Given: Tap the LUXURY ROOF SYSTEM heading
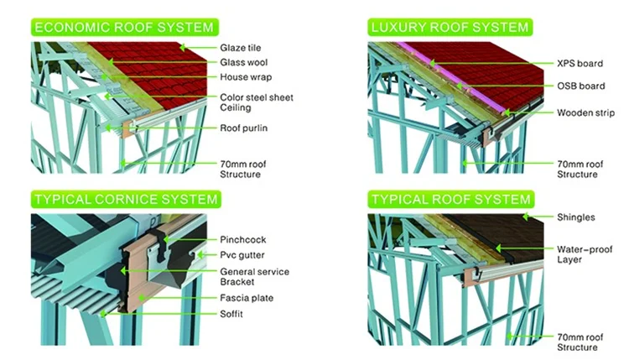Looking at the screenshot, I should pyautogui.click(x=450, y=27).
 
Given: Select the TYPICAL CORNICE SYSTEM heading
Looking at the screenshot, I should pyautogui.click(x=126, y=200).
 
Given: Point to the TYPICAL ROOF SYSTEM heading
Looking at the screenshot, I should pyautogui.click(x=450, y=200).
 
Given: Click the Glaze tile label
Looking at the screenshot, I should pyautogui.click(x=242, y=48).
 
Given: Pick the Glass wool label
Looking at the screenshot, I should pyautogui.click(x=244, y=62).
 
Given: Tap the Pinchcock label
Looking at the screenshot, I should pyautogui.click(x=242, y=238).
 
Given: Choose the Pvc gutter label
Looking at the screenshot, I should pyautogui.click(x=243, y=254).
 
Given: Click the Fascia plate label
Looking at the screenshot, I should pyautogui.click(x=247, y=298).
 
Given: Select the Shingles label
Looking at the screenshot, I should pyautogui.click(x=575, y=217).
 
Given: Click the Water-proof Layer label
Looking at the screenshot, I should pyautogui.click(x=582, y=255).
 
